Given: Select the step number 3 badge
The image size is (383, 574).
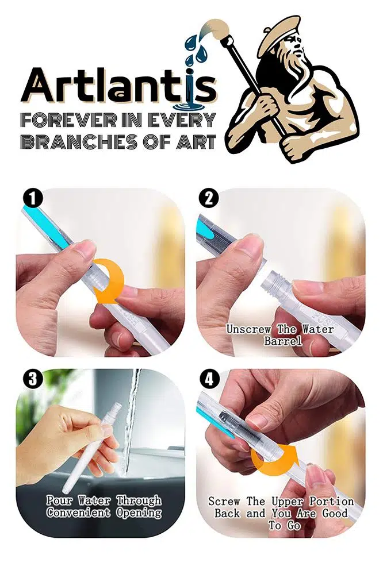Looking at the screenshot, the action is (33, 379).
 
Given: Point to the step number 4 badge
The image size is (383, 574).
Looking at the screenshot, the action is (209, 379).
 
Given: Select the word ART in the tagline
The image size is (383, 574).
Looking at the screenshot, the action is (196, 142).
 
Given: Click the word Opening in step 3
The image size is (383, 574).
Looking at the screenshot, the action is (139, 513).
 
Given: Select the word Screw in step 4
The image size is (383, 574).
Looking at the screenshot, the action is (224, 501).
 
